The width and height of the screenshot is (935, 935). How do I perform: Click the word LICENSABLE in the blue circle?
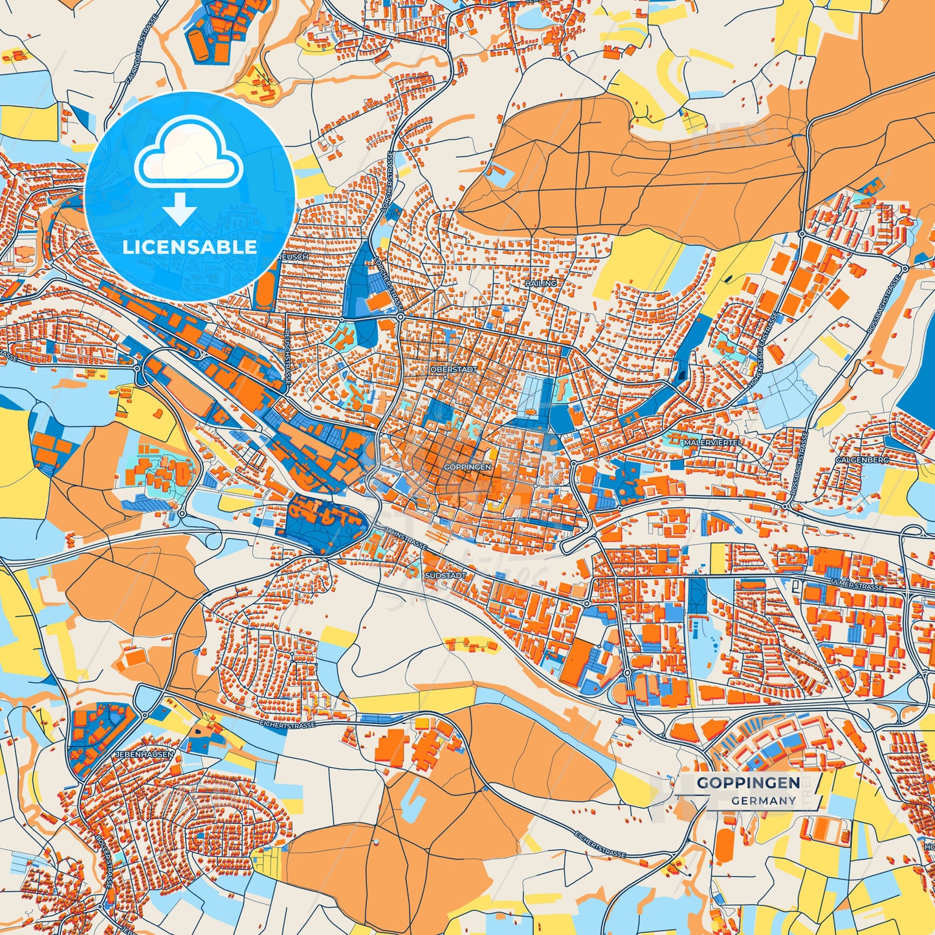coord(190,247)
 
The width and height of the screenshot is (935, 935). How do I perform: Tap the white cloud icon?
coord(188,153)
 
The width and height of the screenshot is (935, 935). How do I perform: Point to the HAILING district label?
coord(540,283)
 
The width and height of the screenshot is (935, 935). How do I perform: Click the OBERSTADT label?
coord(453,369)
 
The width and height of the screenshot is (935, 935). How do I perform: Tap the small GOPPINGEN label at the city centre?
coord(468,466)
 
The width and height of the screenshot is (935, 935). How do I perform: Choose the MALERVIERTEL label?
coord(712,443)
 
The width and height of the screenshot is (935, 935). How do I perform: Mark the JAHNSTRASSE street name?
coord(405,538)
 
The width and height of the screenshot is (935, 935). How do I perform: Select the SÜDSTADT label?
coord(446,575)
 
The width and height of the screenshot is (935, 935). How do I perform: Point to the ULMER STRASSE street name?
coord(855,586)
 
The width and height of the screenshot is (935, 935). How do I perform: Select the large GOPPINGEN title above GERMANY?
coord(748,782)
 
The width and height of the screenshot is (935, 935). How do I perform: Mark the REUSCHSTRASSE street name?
coord(285,356)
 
